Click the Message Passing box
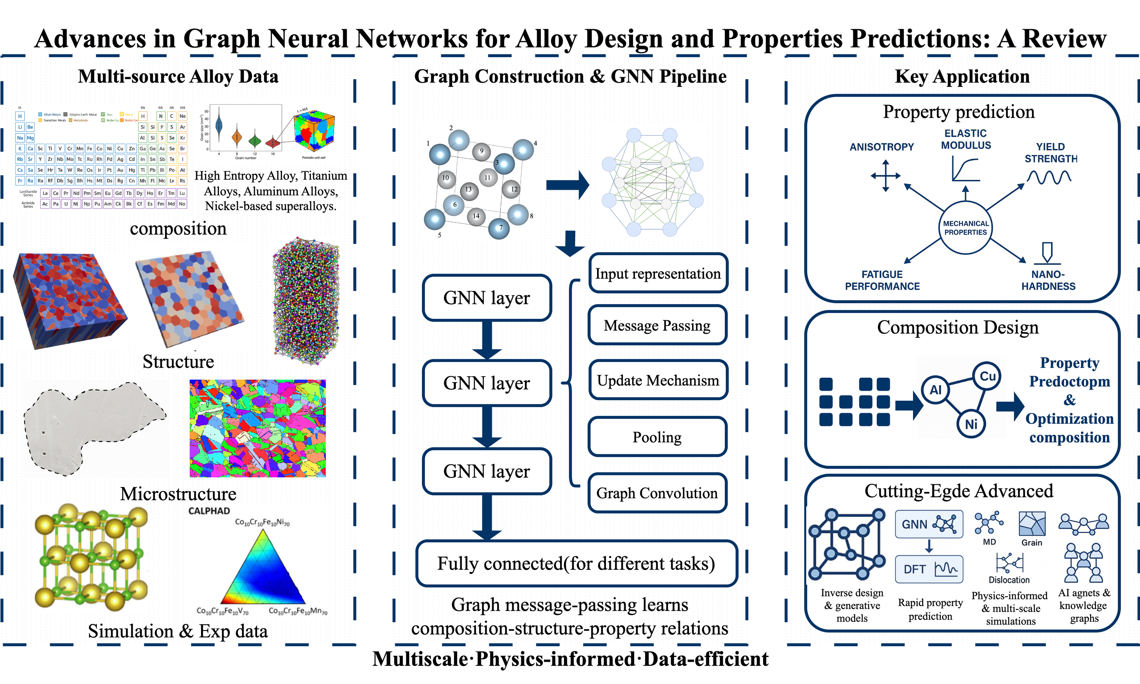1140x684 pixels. pyautogui.click(x=657, y=325)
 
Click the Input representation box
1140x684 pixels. pyautogui.click(x=658, y=273)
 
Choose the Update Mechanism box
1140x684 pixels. pyautogui.click(x=658, y=380)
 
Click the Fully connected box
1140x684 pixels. pyautogui.click(x=576, y=563)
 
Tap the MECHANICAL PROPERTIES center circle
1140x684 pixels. pyautogui.click(x=965, y=228)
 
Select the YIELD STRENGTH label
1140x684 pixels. pyautogui.click(x=1051, y=153)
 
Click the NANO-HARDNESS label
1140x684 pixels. pyautogui.click(x=1048, y=280)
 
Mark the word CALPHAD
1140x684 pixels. pyautogui.click(x=209, y=511)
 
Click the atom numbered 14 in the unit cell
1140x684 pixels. pyautogui.click(x=476, y=216)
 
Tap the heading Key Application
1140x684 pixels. pyautogui.click(x=962, y=77)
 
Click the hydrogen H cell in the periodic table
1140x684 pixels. pyautogui.click(x=20, y=116)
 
